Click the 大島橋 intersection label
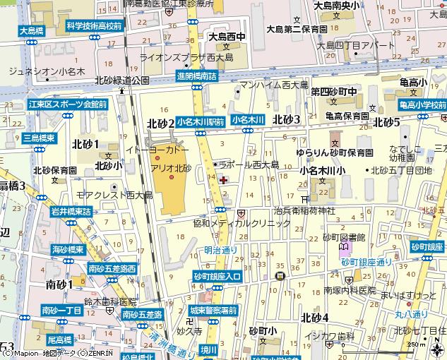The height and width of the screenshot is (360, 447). (32, 30)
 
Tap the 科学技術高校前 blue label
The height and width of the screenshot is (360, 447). (94, 25)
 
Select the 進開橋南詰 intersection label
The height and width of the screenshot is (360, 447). (196, 76)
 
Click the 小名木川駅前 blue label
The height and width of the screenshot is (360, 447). (201, 121)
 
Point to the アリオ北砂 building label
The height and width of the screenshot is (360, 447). (171, 167)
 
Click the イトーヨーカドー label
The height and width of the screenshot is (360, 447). (157, 150)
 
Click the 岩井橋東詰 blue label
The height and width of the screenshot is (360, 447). (71, 211)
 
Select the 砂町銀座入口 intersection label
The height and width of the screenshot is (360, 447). (216, 276)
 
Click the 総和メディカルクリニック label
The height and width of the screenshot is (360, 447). (242, 223)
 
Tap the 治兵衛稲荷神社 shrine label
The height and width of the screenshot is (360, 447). (304, 210)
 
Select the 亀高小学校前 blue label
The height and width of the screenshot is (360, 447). (422, 105)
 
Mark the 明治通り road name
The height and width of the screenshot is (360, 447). (220, 250)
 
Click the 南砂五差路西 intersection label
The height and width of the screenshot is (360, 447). (112, 268)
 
